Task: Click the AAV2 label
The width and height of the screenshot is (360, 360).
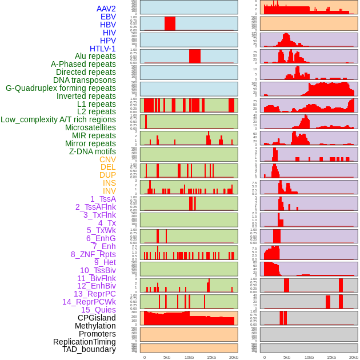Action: [x=106, y=9]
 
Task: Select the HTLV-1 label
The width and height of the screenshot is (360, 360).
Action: [x=102, y=49]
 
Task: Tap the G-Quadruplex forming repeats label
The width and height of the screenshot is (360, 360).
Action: [x=61, y=88]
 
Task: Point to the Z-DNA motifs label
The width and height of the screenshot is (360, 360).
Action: [x=92, y=151]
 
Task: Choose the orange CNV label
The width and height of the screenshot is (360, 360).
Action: [x=107, y=159]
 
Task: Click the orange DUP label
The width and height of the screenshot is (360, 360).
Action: [x=107, y=175]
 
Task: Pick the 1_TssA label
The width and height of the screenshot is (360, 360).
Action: [x=103, y=199]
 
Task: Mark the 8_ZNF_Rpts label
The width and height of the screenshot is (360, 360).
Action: [x=93, y=254]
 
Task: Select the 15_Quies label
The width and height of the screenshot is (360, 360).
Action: [x=98, y=310]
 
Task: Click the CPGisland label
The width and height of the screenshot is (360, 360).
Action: [x=97, y=318]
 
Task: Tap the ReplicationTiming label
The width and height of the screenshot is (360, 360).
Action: [x=85, y=342]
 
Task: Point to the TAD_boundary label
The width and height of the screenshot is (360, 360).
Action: [x=89, y=349]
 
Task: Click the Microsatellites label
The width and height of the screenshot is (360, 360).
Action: [x=90, y=127]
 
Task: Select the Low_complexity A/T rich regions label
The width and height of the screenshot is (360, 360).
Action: [x=58, y=119]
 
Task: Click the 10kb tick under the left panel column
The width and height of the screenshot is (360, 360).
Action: [x=189, y=357]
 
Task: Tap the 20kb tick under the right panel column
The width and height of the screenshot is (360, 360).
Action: [x=354, y=357]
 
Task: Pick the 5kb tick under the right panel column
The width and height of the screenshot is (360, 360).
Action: [x=287, y=357]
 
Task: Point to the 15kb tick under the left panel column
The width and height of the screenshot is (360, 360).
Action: [x=211, y=357]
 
